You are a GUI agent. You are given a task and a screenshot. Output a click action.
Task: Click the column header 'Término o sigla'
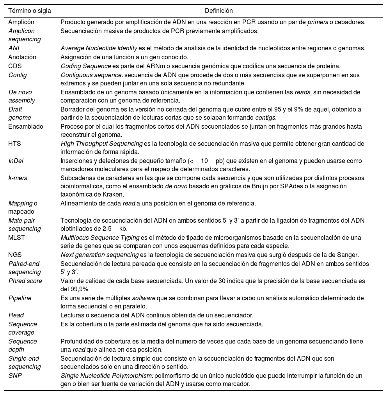30,11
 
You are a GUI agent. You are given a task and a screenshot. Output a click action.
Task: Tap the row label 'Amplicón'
21,22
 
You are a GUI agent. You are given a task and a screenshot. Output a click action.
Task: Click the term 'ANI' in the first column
14,48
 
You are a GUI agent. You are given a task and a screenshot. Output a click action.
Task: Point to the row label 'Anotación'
22,57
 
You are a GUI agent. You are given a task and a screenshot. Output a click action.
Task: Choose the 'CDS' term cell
15,66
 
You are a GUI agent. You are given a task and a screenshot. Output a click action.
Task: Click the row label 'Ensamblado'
26,127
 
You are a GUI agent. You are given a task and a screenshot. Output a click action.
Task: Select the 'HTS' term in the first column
15,143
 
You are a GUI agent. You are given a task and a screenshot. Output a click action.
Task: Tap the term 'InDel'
16,161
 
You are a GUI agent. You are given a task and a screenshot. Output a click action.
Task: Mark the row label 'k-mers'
18,178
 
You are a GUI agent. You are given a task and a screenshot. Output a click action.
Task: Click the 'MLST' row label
16,237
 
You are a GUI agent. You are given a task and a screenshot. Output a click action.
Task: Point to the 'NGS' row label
15,255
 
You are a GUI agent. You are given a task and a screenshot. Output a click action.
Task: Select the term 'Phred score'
25,281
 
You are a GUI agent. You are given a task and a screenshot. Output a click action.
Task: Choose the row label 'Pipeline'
20,298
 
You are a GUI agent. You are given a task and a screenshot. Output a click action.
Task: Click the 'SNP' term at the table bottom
14,376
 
